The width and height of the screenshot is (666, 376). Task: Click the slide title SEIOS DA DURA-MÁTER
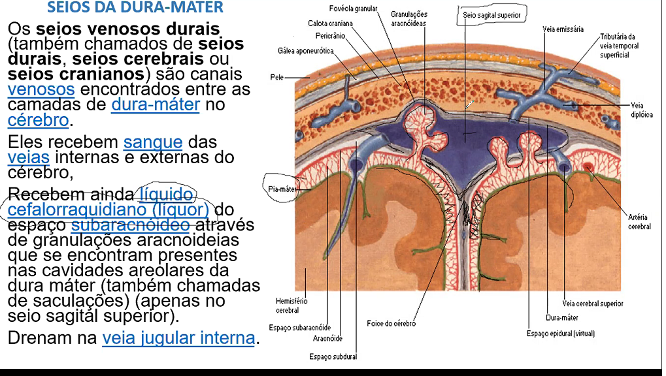(135, 8)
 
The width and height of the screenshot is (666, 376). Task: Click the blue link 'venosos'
(41, 89)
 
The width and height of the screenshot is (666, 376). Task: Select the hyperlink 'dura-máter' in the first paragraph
(156, 104)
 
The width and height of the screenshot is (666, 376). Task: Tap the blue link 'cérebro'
(38, 120)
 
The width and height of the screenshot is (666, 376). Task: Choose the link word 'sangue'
(153, 142)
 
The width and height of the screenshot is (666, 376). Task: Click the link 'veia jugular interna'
(178, 338)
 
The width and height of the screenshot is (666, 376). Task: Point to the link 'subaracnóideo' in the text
(131, 225)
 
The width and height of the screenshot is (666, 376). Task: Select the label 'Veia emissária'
(563, 29)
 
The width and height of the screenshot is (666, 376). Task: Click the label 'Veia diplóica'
(642, 110)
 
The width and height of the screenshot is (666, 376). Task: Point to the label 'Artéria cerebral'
(640, 222)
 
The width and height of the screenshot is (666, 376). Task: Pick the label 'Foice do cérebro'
(391, 323)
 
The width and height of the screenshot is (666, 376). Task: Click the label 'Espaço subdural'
(333, 356)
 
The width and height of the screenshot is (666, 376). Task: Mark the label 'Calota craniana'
(331, 23)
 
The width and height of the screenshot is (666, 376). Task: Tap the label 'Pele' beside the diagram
(277, 77)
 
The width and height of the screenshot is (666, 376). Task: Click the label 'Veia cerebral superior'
(593, 304)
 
